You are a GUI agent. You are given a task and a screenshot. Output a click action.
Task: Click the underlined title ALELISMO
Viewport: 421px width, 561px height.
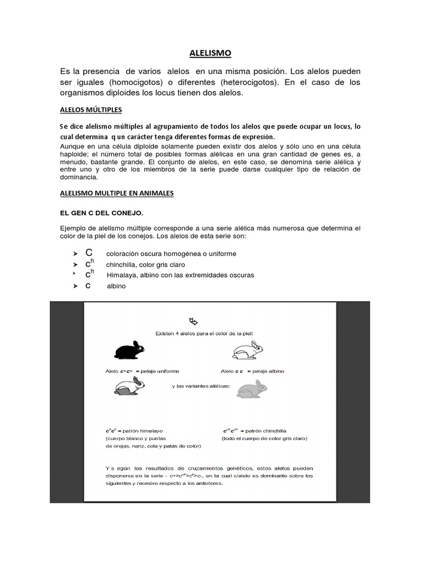click(x=210, y=53)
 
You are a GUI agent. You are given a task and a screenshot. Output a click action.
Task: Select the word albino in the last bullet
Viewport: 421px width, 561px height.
click(x=116, y=285)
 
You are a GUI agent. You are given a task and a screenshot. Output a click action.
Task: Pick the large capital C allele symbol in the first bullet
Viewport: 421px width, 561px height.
click(x=88, y=253)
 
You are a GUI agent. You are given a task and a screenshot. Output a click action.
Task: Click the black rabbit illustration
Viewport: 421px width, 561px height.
click(x=129, y=350)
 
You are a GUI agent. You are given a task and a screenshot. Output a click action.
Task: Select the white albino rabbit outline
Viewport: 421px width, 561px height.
click(x=247, y=350)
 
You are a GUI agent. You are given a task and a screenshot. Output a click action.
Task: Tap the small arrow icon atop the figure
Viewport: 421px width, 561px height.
click(x=193, y=320)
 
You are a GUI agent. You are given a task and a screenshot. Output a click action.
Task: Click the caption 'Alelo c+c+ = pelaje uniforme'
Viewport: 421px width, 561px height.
click(x=142, y=371)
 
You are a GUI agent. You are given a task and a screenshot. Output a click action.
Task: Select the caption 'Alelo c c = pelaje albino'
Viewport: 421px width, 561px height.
click(x=252, y=371)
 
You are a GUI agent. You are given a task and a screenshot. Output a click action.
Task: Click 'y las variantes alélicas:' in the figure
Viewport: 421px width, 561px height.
click(x=201, y=386)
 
